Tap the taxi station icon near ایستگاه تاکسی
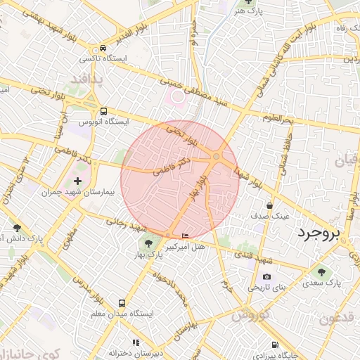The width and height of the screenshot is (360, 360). (103, 49)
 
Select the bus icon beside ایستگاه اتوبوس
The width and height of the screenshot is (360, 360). (104, 111)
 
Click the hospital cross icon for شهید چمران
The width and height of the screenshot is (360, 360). (77, 181)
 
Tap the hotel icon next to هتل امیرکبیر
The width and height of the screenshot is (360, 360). (186, 235)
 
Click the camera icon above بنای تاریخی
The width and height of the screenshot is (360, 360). (266, 277)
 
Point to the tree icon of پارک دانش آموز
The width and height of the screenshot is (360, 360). (17, 228)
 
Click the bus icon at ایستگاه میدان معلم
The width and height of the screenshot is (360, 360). (122, 304)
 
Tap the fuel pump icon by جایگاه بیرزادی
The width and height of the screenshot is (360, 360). (274, 345)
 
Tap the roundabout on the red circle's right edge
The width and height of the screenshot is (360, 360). (217, 156)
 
